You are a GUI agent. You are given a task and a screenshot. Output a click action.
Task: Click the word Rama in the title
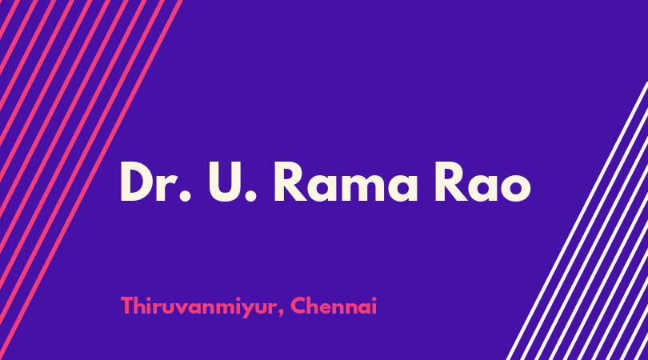[x=346, y=182]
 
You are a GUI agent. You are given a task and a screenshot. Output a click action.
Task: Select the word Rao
[x=482, y=182]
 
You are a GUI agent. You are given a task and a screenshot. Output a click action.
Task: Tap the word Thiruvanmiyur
[x=198, y=307]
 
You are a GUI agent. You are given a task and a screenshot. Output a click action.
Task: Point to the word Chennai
[x=334, y=306]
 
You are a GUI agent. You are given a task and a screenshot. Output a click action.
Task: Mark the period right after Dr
[x=185, y=197]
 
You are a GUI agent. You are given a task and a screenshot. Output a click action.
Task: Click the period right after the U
[x=251, y=197]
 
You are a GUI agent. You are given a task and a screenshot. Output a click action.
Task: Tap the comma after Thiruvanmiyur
[x=281, y=314]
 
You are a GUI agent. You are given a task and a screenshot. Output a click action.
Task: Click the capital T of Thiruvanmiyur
[x=127, y=306]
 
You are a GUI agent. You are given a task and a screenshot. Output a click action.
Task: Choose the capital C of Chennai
[x=298, y=306]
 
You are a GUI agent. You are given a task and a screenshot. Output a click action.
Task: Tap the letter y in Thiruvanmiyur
[x=246, y=310]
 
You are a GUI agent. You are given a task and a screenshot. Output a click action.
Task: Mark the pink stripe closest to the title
[x=91, y=180]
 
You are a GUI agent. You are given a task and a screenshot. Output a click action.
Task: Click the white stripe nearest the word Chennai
[x=577, y=221]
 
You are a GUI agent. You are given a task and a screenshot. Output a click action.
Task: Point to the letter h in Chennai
[x=315, y=306]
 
